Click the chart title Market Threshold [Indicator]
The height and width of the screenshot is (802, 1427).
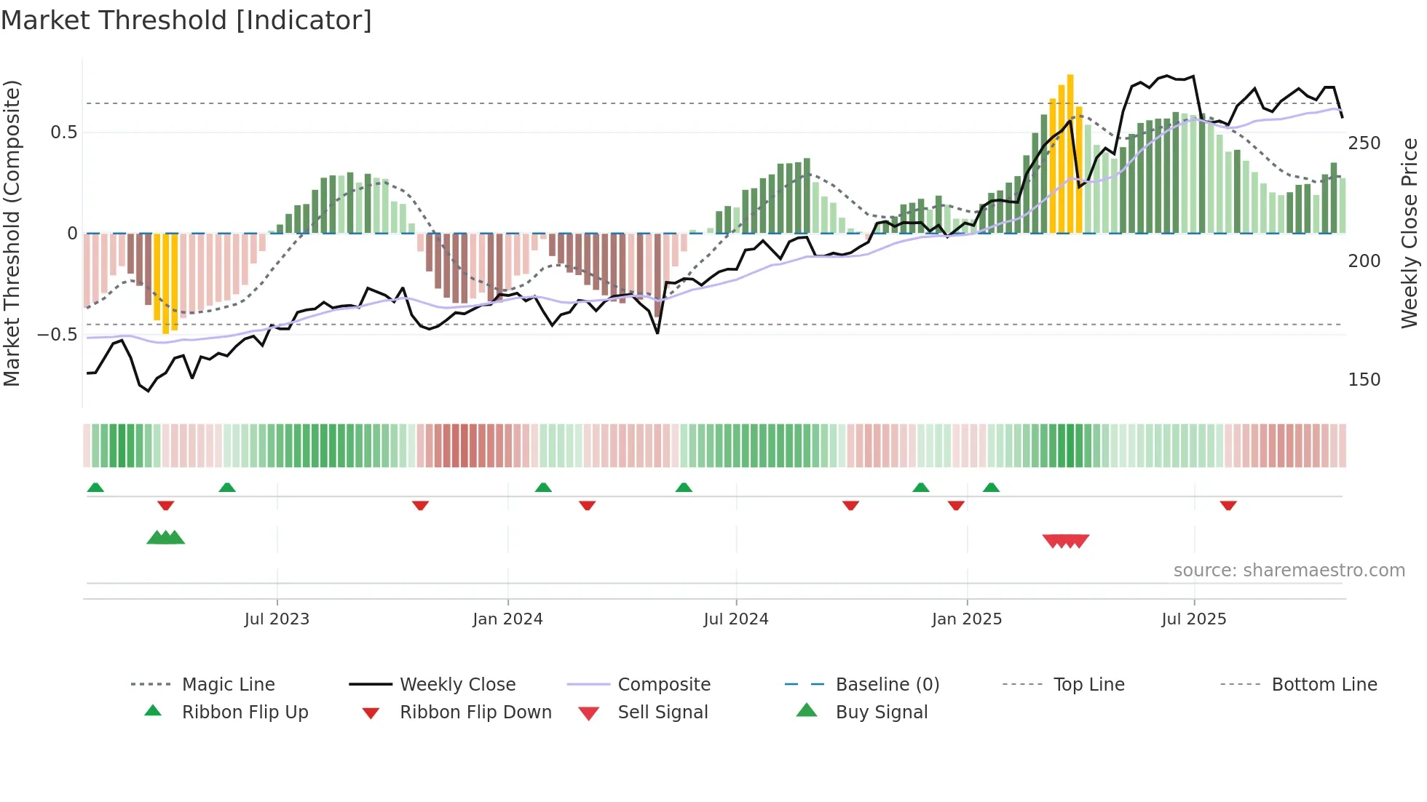[x=186, y=20]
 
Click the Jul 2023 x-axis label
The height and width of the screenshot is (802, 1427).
[x=277, y=619]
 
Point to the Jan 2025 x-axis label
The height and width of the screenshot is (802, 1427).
[x=967, y=619]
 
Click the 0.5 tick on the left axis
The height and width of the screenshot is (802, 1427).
[x=64, y=132]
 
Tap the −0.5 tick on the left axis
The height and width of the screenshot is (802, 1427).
[x=58, y=335]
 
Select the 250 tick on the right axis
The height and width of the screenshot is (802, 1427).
[x=1364, y=143]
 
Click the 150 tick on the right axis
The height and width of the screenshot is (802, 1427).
[x=1364, y=380]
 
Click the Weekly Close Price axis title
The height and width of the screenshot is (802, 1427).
[x=1410, y=233]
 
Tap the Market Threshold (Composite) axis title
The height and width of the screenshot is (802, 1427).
[x=12, y=233]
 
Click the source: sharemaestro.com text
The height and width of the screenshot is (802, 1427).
[x=1289, y=571]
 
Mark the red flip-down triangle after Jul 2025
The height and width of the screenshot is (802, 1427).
[x=1228, y=505]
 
